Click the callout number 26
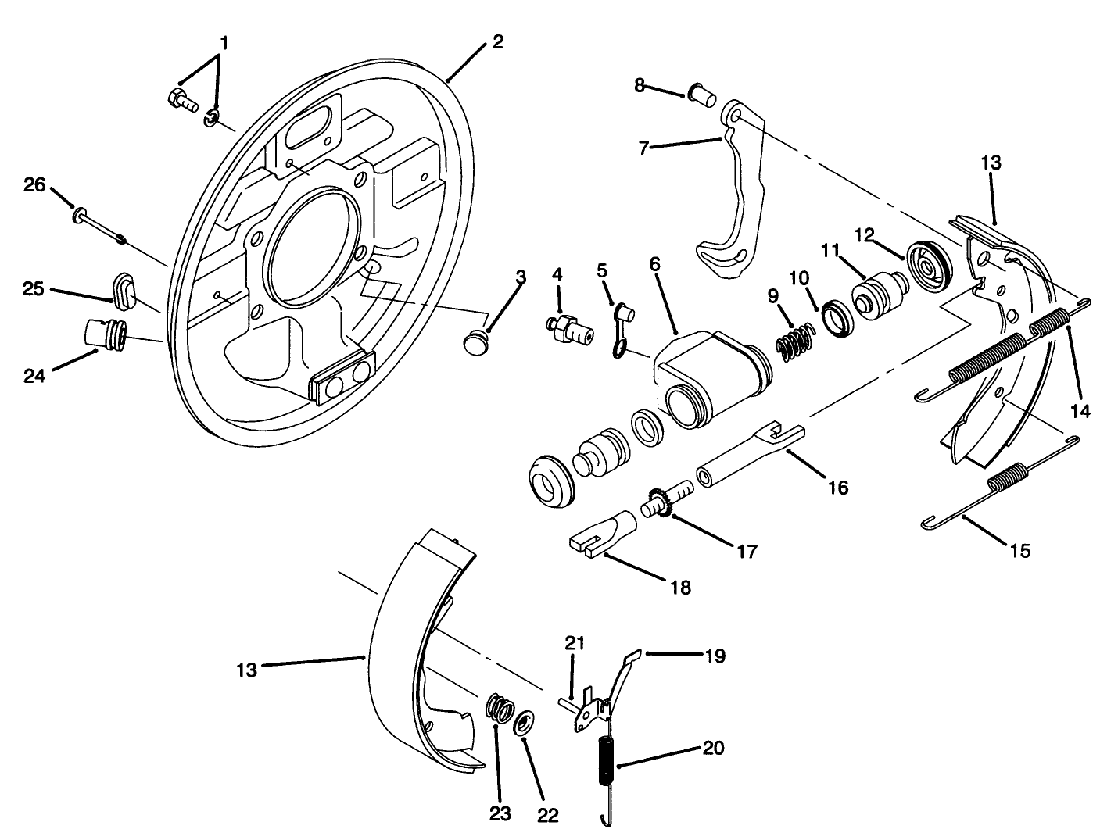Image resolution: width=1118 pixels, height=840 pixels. pyautogui.click(x=34, y=185)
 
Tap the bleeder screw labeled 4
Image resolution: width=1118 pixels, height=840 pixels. pyautogui.click(x=568, y=329)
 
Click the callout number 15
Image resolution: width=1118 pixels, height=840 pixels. pyautogui.click(x=1019, y=550)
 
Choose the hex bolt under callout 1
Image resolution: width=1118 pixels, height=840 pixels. pyautogui.click(x=181, y=101)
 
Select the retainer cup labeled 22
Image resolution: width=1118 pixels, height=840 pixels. pyautogui.click(x=525, y=722)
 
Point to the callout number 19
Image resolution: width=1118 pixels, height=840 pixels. pyautogui.click(x=715, y=656)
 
